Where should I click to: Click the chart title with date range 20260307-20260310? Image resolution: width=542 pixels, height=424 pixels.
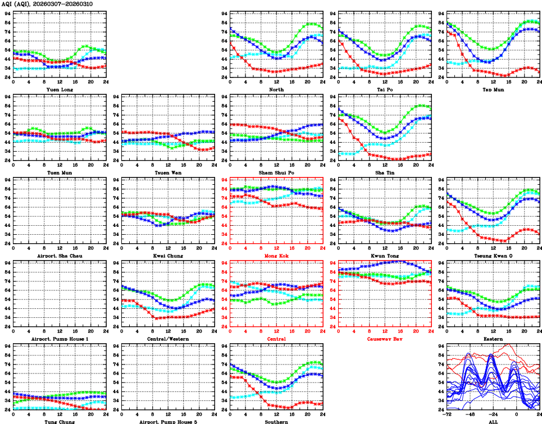(47, 4)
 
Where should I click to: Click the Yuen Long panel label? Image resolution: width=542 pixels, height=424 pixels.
(60, 89)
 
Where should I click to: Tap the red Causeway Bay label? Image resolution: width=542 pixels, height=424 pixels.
(384, 339)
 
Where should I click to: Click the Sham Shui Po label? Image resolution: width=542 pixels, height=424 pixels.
(276, 172)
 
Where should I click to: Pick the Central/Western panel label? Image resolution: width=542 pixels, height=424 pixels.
(167, 339)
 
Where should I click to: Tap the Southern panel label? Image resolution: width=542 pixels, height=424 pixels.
(276, 422)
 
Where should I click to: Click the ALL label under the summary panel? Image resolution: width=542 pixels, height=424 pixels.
(493, 422)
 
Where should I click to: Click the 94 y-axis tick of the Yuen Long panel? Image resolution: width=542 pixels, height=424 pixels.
(7, 13)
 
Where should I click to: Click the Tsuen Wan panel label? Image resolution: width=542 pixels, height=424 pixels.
(167, 172)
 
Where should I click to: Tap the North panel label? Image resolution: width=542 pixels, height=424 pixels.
(276, 89)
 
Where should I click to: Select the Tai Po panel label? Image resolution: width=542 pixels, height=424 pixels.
(384, 89)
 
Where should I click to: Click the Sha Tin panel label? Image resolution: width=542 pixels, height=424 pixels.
(384, 172)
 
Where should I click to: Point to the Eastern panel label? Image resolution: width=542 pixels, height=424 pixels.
(493, 339)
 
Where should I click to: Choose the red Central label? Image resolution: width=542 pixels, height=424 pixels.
(276, 339)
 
